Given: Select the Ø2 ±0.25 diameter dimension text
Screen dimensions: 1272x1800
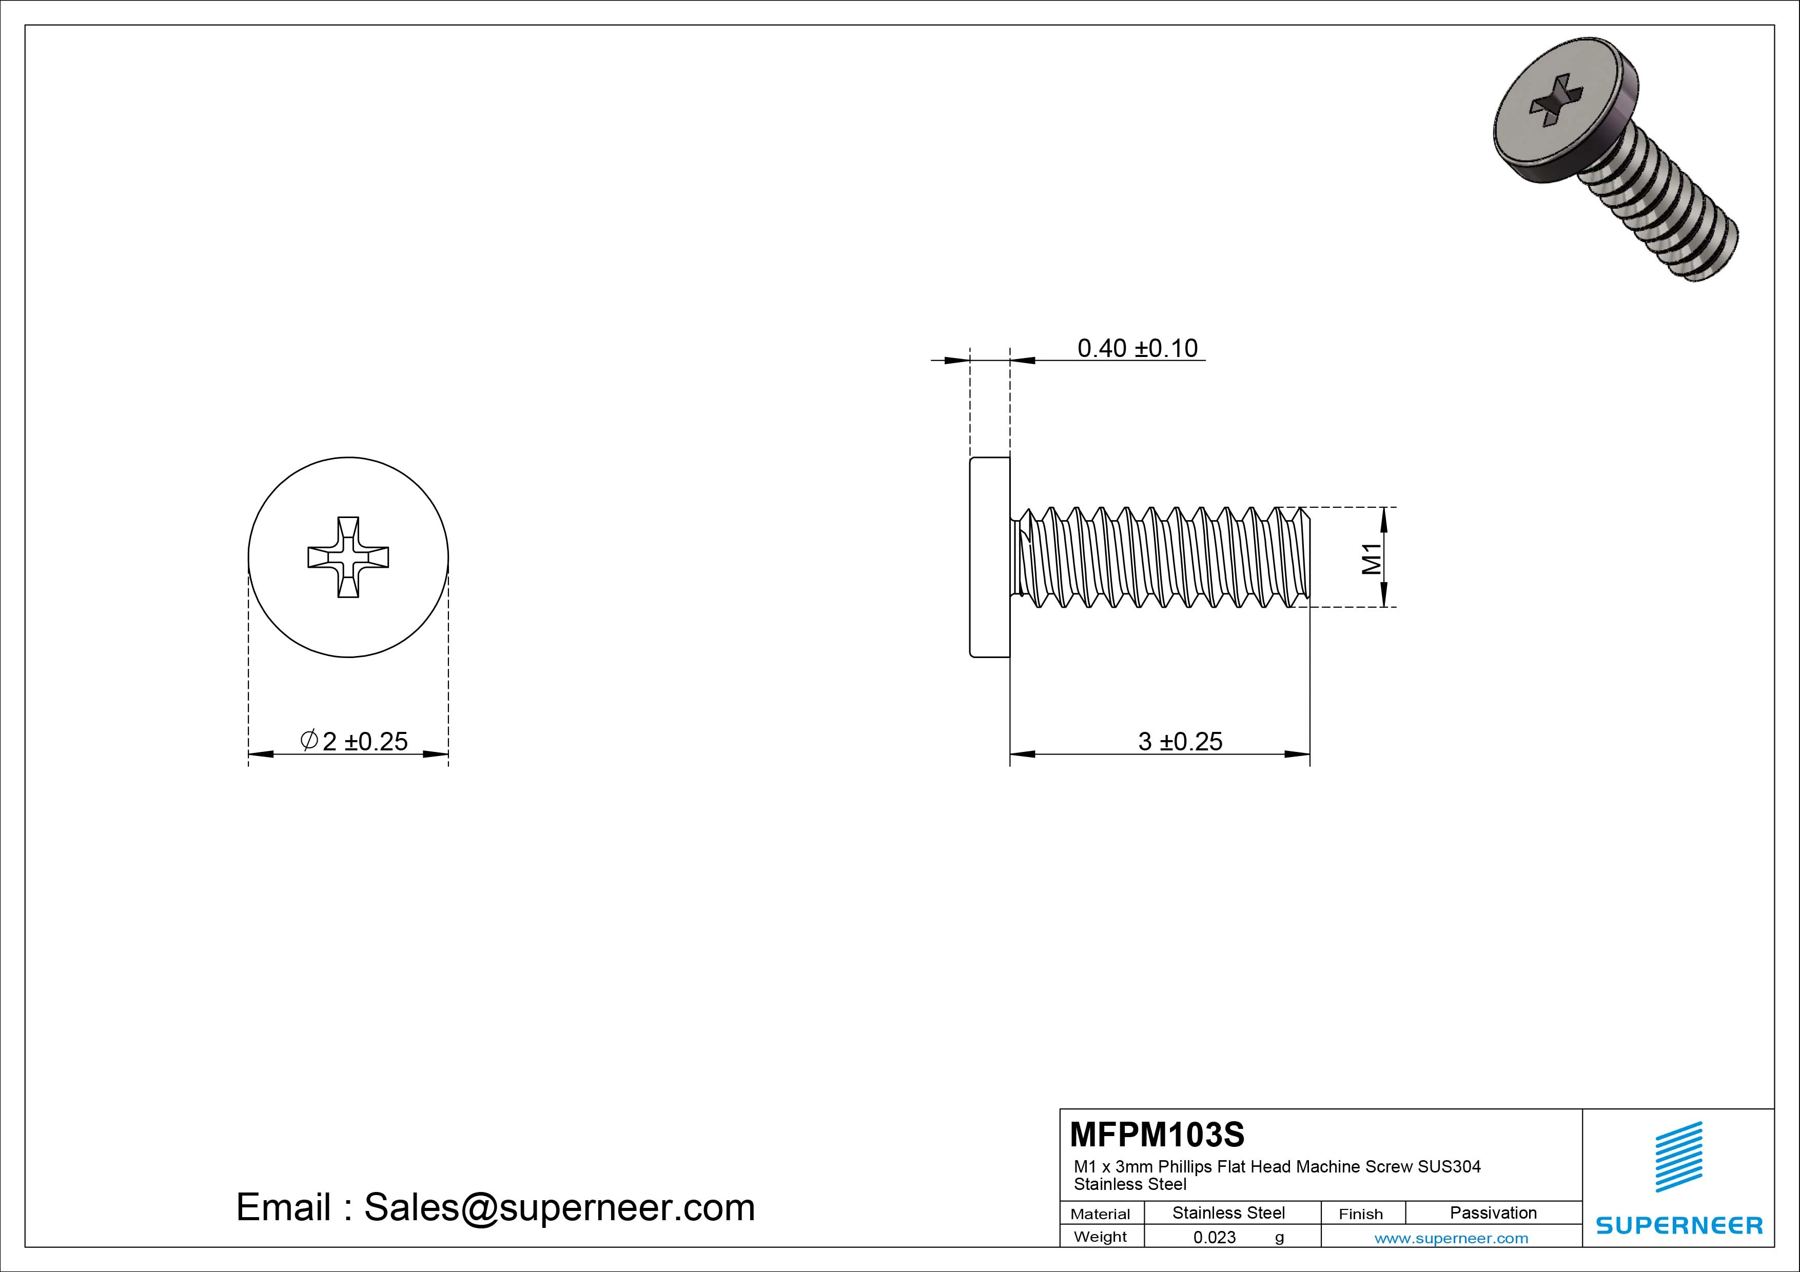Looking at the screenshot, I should coord(355,741).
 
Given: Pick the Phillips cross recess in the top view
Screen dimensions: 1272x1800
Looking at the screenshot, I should coord(348,557).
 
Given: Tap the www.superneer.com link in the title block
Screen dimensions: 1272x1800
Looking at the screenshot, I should coord(1451,1238).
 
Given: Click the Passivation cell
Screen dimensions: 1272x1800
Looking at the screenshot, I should coord(1493,1213).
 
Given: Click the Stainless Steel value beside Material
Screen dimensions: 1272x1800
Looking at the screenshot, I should coord(1228,1213).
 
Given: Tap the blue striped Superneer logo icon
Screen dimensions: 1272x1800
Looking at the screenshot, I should coord(1678,1157).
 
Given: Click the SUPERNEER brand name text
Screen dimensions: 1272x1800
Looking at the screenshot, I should coord(1678,1225).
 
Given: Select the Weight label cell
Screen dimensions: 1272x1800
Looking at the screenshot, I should coord(1100,1237).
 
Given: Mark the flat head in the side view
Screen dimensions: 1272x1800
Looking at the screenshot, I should coord(989,557).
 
